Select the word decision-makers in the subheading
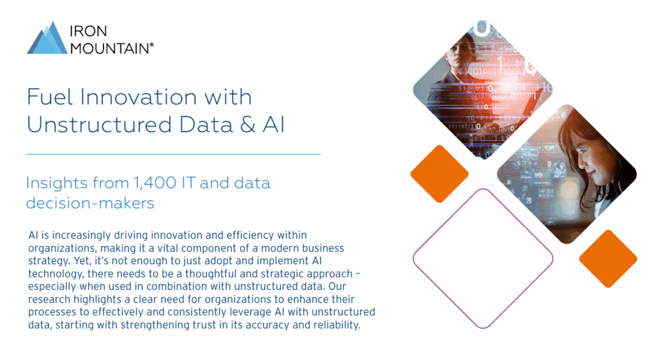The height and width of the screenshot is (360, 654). pyautogui.click(x=90, y=203)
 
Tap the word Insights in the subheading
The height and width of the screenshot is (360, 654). pyautogui.click(x=55, y=183)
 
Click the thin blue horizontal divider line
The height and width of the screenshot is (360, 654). pyautogui.click(x=172, y=154)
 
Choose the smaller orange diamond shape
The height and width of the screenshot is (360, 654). pyautogui.click(x=607, y=259)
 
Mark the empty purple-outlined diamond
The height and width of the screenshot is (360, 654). pyautogui.click(x=483, y=258)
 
